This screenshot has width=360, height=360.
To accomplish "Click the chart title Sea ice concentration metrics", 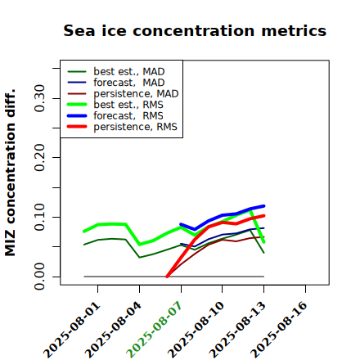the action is click(195, 30).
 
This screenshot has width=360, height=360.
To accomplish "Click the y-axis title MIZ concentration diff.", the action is click(10, 173).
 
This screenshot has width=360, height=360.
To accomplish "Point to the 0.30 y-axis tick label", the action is click(39, 98).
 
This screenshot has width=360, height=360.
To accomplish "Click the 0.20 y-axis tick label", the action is click(39, 158).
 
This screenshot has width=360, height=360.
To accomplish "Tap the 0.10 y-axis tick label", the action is click(39, 217).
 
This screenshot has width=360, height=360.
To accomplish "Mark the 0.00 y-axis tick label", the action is click(39, 277).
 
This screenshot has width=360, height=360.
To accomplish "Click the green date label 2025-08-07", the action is click(154, 330).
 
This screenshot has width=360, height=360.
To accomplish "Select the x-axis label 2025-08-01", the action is click(71, 330).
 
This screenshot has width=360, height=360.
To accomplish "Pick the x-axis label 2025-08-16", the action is click(279, 330).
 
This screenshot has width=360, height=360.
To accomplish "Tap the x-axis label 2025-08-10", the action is click(196, 330).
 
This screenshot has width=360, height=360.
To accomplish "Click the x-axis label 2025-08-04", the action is click(113, 330).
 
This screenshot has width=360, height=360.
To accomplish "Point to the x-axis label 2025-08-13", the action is click(237, 330).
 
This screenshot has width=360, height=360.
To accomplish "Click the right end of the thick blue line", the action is click(263, 206).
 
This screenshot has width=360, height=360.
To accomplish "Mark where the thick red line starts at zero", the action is click(167, 277).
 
